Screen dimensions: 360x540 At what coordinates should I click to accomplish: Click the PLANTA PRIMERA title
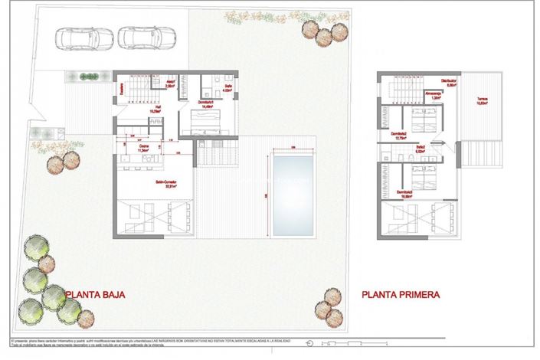[401, 293]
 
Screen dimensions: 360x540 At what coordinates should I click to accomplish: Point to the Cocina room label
[142, 148]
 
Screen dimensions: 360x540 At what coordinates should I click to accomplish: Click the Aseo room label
[172, 85]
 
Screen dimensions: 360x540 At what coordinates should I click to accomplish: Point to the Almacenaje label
[434, 95]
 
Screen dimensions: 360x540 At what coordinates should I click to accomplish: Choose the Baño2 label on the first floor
[421, 149]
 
